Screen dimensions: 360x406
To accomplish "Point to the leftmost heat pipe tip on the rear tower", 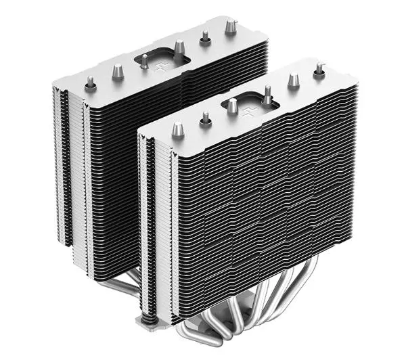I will pos(89,83).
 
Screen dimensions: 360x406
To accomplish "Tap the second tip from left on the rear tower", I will pos(117,70).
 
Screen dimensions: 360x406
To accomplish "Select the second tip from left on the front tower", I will pos(205,118).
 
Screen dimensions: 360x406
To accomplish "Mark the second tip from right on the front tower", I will pos(293,80).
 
